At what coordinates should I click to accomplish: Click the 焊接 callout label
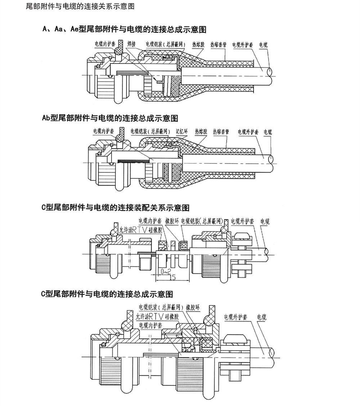(x=131, y=44)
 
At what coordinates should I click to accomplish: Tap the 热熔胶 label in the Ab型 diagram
(x=201, y=132)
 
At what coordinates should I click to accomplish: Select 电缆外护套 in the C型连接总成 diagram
(x=235, y=317)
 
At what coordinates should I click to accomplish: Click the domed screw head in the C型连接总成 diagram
(x=234, y=339)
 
